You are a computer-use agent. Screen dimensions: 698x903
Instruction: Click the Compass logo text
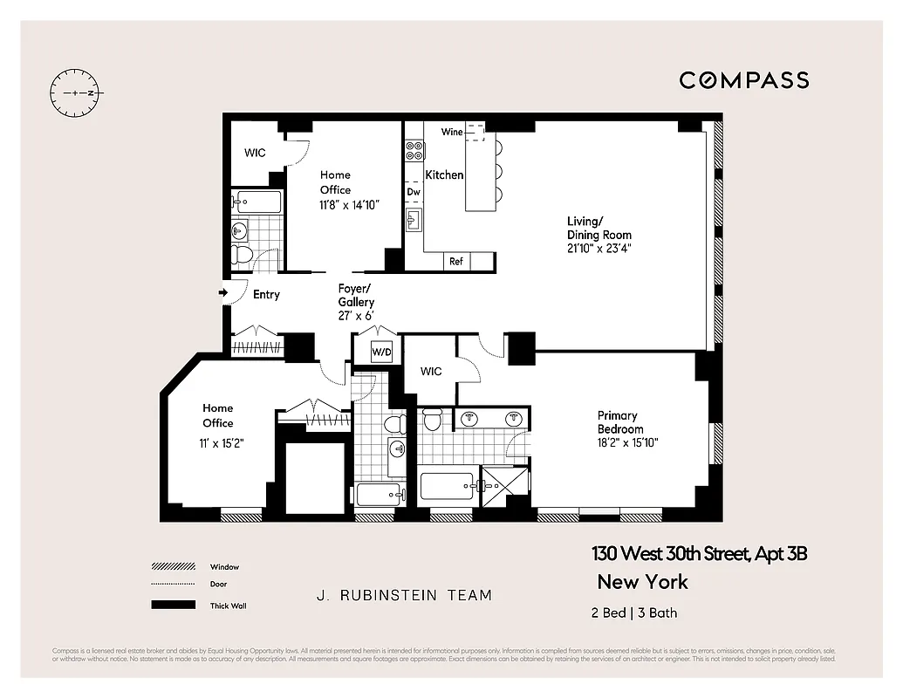click(x=744, y=80)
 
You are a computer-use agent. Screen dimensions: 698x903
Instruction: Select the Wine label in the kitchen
click(x=452, y=132)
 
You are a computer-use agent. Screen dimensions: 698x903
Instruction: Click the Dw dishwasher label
click(x=414, y=192)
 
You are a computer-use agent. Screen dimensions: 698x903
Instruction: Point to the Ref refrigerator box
click(x=456, y=261)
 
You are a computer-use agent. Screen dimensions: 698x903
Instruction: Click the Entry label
click(x=266, y=295)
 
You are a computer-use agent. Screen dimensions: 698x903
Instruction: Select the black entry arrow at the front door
click(x=222, y=293)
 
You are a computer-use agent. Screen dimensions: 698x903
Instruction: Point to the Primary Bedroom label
click(x=620, y=422)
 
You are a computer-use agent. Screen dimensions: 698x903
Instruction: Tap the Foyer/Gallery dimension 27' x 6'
click(x=356, y=316)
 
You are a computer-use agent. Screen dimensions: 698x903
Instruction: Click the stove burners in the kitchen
click(x=414, y=150)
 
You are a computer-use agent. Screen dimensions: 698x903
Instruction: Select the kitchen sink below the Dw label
click(x=414, y=218)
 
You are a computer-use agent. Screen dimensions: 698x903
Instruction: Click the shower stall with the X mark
click(x=506, y=483)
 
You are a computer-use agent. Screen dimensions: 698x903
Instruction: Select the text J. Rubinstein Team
click(x=404, y=596)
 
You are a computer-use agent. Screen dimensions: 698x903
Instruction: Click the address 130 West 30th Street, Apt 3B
click(x=694, y=554)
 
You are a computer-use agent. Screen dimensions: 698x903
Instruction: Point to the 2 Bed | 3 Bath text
click(x=633, y=612)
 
